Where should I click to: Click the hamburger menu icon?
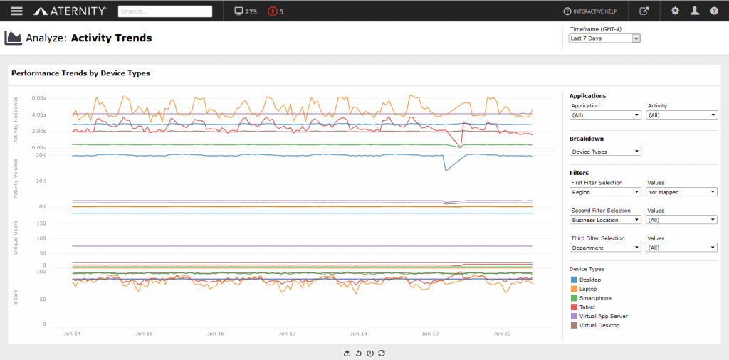click(17, 11)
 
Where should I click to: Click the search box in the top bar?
click(165, 11)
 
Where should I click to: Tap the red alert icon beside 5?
click(273, 11)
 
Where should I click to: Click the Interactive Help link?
click(590, 11)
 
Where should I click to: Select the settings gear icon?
click(675, 11)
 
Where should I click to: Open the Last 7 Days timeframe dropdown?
click(605, 38)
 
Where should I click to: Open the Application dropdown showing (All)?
click(606, 115)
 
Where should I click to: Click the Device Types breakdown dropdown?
click(606, 152)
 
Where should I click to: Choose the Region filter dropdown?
click(606, 192)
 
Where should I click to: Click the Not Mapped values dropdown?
click(681, 192)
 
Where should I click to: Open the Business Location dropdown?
click(606, 220)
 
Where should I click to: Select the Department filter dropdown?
click(606, 248)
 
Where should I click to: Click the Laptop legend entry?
click(587, 289)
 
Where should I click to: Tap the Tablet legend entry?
click(587, 307)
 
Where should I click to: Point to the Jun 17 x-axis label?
click(287, 333)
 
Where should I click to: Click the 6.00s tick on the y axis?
click(39, 98)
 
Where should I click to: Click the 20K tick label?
click(41, 155)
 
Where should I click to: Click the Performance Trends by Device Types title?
click(80, 73)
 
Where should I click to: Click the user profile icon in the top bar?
click(694, 11)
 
